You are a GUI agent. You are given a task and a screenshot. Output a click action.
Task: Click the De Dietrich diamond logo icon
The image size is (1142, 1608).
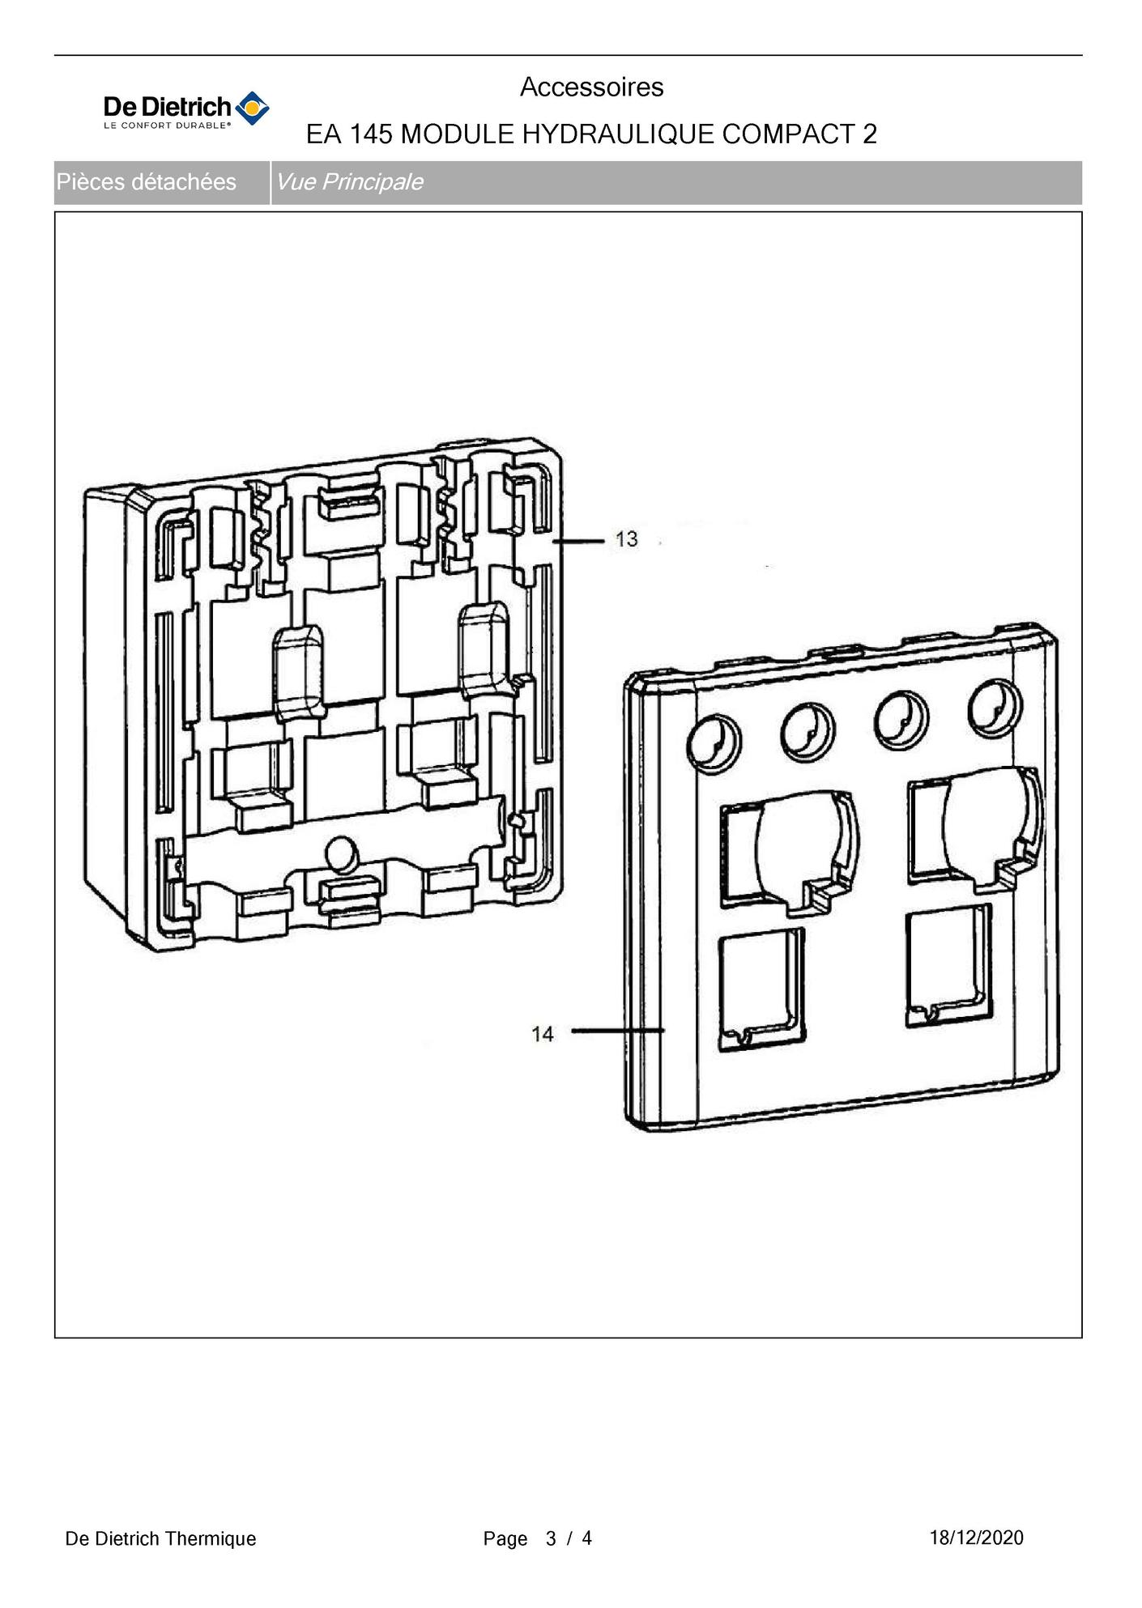coord(252,108)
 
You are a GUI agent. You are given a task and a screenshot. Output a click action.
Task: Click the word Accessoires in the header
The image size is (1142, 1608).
coord(591,87)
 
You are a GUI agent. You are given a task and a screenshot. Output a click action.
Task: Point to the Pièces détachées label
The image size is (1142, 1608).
coord(147,182)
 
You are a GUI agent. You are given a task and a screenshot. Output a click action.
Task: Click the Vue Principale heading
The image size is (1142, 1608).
coord(349,182)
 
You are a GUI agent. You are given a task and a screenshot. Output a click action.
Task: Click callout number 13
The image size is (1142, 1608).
coord(626,539)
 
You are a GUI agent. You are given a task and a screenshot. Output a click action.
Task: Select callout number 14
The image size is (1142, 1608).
coord(543,1034)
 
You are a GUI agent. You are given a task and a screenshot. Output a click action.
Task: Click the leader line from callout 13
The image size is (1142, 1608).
coord(579,540)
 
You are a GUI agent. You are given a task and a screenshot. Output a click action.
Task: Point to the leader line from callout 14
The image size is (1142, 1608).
coord(618,1031)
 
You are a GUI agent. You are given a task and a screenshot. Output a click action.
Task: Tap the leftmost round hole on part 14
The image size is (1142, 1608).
coord(714,742)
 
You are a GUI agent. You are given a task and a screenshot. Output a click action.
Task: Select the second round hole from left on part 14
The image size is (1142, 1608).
coord(808,731)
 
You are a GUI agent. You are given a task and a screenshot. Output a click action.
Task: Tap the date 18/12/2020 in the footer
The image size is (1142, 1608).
coord(976,1538)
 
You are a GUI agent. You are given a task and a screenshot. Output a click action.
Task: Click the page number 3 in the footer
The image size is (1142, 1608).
coord(551,1538)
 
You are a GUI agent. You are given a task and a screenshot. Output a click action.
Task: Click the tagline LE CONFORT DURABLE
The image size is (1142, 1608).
coord(167,125)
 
